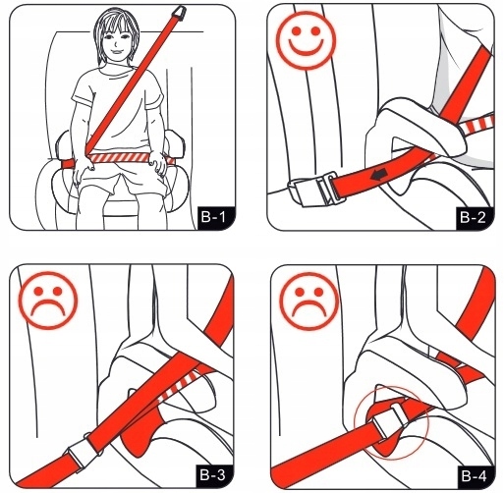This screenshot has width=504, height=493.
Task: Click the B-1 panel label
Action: pos(214,217)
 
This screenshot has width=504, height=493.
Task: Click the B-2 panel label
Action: pos(474,217)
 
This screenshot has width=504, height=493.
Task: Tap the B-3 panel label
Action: pos(213,475)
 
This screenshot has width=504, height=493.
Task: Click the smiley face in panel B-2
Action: pos(306,40)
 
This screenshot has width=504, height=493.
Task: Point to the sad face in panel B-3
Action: pos(48,301)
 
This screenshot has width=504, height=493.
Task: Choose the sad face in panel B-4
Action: pos(309,301)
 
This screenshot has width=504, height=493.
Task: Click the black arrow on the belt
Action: pos(378,175)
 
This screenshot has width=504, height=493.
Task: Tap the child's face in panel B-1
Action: pos(117,42)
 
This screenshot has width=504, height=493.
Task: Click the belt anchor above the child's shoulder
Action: pos(179,12)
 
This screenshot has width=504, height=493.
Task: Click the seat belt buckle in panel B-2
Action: pos(314,190)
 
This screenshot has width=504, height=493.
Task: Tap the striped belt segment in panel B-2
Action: pos(476,124)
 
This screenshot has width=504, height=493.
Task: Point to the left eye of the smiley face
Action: pos(296,31)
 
